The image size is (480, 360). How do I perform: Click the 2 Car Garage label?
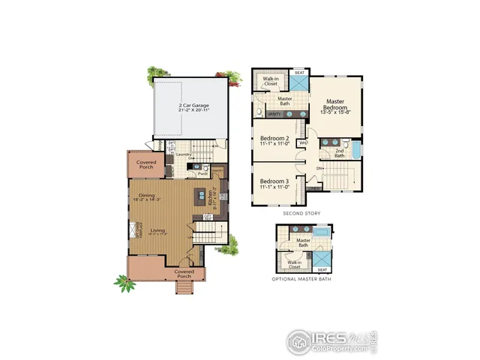point(193,107)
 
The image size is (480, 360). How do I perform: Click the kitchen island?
point(200,196)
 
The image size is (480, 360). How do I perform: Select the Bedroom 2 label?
point(275,140)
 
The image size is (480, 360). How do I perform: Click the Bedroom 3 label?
point(275,183)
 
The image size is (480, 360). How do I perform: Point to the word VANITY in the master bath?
point(274,114)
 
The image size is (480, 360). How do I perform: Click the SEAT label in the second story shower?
point(299,73)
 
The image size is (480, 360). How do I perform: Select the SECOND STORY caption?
point(301,214)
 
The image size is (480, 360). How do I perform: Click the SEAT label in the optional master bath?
point(322,268)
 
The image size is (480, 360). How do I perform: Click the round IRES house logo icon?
point(298,342)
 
